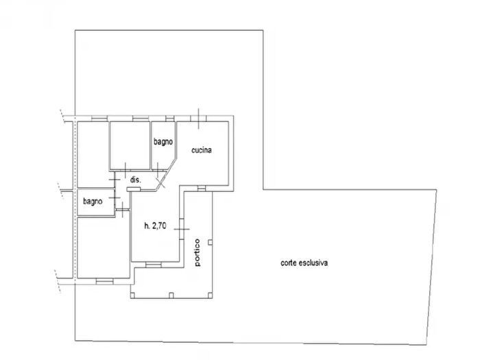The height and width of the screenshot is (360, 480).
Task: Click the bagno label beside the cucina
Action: [x=163, y=142]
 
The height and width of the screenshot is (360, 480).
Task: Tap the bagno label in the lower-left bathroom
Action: [x=93, y=202]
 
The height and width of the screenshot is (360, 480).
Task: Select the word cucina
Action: [x=202, y=150]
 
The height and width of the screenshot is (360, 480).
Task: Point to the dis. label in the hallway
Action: [x=136, y=180]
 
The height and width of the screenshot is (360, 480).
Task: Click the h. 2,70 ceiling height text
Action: [x=155, y=226]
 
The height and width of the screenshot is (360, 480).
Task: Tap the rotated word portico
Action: [x=197, y=252]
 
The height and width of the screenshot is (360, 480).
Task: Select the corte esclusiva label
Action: [x=304, y=263]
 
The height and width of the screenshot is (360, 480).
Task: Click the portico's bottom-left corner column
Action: [x=132, y=295]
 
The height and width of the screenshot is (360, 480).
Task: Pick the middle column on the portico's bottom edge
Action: [x=171, y=295]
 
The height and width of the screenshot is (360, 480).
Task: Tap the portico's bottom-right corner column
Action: [x=210, y=295]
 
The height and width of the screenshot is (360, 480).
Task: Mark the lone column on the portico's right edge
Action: [x=210, y=243]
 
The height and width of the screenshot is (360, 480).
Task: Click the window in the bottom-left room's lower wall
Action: [x=104, y=281]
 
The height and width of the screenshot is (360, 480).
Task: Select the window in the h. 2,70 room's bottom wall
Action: [x=154, y=265]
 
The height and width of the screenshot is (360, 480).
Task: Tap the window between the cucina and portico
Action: [x=202, y=189]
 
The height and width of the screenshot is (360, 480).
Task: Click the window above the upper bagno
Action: [x=169, y=119]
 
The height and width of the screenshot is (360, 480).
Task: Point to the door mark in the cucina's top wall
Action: [x=198, y=119]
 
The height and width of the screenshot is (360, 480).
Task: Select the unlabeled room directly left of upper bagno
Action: [x=130, y=145]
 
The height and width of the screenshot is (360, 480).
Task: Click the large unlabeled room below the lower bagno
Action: [x=104, y=248]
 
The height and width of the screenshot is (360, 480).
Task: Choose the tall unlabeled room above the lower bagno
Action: [x=93, y=154]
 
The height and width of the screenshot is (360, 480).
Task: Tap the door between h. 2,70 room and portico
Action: [x=182, y=229]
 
